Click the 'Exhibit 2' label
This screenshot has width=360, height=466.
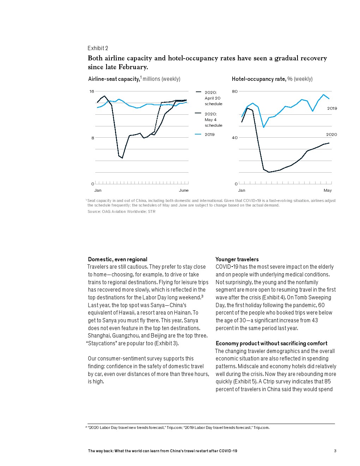[x=98, y=48]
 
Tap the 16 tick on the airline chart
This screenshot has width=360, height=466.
[x=92, y=91]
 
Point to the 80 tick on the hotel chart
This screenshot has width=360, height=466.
[x=235, y=91]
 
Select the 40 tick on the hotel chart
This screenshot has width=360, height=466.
[x=235, y=138]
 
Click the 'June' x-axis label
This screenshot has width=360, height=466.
[x=184, y=190]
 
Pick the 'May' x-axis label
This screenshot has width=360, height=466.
[x=328, y=190]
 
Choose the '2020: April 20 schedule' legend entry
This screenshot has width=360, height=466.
[x=213, y=98]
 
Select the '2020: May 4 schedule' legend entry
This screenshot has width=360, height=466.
[x=213, y=120]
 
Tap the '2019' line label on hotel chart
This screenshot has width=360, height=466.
[x=332, y=108]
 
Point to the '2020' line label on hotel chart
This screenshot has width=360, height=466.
[x=331, y=135]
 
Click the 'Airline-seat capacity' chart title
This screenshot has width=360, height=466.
[x=114, y=79]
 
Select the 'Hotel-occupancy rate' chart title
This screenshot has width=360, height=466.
[x=259, y=79]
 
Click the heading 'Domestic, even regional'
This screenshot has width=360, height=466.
[x=118, y=259]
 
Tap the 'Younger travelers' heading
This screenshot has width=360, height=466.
[x=237, y=259]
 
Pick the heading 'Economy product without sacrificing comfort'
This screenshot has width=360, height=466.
[x=271, y=343]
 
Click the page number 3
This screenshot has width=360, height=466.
[x=335, y=451]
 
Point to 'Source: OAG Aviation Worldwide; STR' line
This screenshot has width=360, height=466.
[x=121, y=211]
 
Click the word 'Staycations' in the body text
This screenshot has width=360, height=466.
[x=102, y=343]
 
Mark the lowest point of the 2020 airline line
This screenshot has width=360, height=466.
[x=122, y=158]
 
